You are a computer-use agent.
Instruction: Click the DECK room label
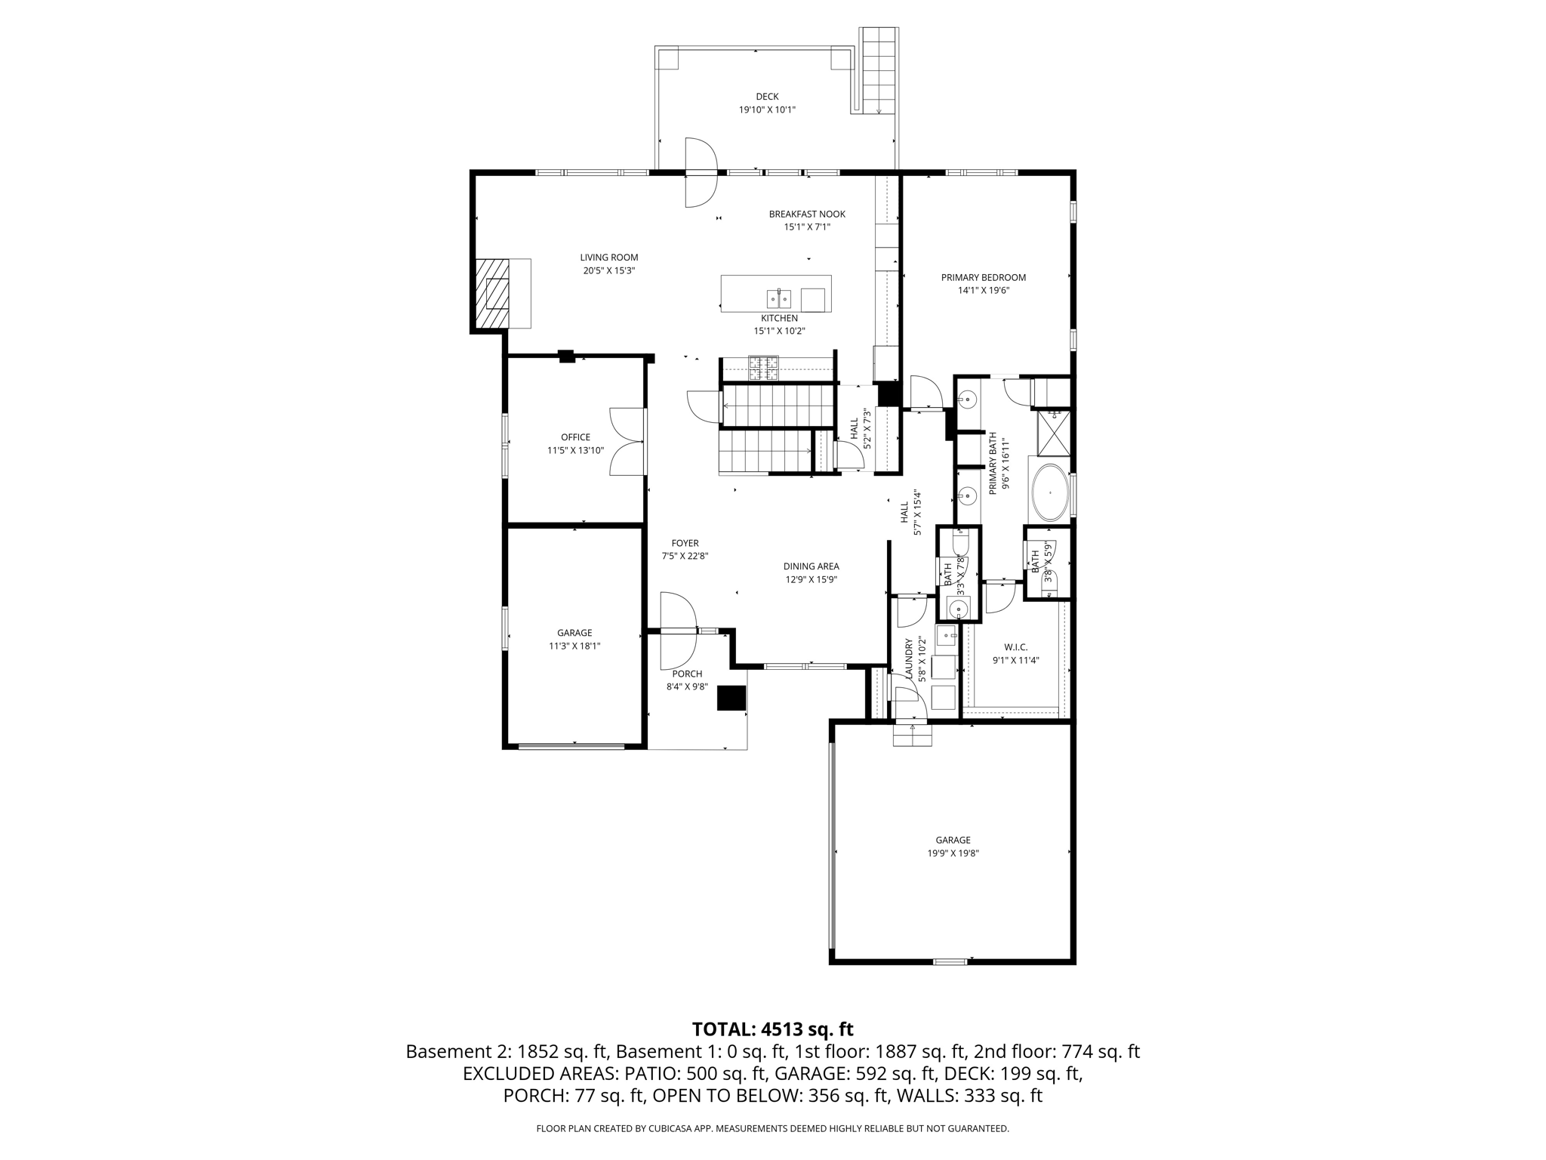(767, 97)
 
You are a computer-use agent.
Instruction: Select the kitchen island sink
(778, 299)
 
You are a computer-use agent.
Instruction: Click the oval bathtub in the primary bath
(1049, 492)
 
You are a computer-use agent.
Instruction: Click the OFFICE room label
(575, 437)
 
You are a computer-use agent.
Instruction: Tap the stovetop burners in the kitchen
(762, 368)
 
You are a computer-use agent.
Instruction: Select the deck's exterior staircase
(879, 70)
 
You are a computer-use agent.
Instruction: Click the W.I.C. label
(1015, 647)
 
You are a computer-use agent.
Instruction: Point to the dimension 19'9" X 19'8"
(953, 853)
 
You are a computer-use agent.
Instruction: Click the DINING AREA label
(811, 566)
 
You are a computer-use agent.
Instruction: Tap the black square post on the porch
(731, 698)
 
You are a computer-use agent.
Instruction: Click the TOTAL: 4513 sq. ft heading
(772, 1029)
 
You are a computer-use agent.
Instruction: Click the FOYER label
(685, 543)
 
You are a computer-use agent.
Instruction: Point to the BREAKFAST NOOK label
(807, 214)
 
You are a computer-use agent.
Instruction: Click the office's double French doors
(628, 441)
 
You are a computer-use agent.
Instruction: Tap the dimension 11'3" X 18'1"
(574, 646)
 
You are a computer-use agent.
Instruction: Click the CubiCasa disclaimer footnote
(772, 1129)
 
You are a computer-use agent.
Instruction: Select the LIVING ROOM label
(608, 258)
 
